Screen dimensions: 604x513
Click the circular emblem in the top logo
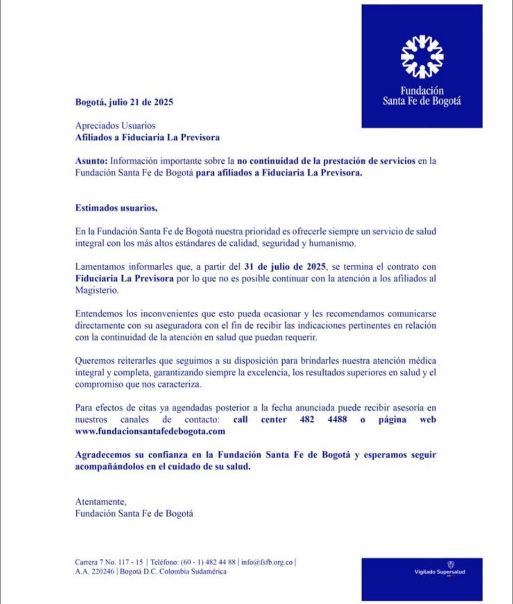tap(422, 57)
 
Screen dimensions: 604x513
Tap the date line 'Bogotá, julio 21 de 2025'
tap(124, 102)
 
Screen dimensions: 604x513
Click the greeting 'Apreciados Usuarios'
tap(115, 126)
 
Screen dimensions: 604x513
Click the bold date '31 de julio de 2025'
tap(285, 267)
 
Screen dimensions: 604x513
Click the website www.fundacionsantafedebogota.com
tap(150, 431)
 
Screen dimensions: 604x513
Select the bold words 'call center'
tap(260, 419)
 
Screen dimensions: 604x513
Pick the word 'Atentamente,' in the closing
tap(101, 502)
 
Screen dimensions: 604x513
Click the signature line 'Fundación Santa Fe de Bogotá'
tap(134, 513)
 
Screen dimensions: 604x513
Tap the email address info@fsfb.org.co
tap(267, 562)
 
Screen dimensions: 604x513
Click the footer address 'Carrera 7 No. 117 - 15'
tap(109, 562)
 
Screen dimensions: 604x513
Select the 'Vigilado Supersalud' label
tap(439, 572)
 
